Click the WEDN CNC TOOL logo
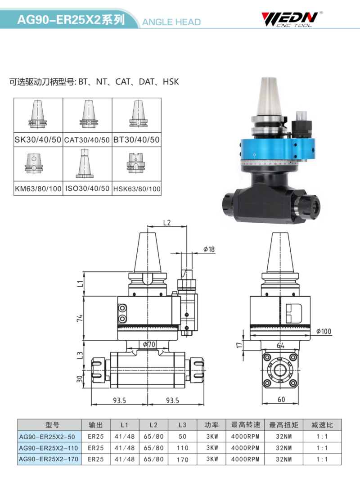291,20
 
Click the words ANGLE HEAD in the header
171,22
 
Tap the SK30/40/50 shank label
38,139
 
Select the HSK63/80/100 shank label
137,189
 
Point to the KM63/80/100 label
38,189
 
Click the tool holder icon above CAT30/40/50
89,114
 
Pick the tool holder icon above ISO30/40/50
85,163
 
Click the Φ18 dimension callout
209,249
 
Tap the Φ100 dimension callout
324,331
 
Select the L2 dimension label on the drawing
167,222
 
